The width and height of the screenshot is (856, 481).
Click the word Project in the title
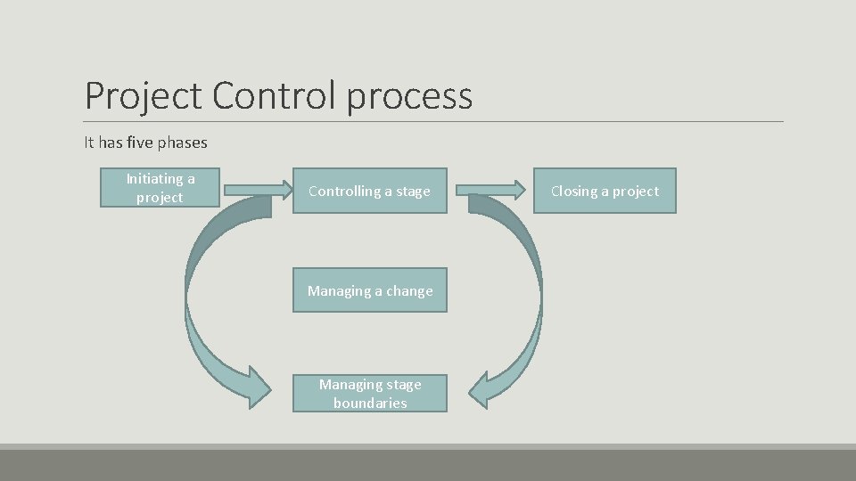(144, 95)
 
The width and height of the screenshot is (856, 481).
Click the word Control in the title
(275, 95)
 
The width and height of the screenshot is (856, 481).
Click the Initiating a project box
(160, 189)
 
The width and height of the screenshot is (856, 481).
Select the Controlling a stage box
(369, 191)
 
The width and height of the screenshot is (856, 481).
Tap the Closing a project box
(605, 191)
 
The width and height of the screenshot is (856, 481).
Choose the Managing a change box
(369, 290)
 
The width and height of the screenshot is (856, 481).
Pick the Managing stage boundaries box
(369, 394)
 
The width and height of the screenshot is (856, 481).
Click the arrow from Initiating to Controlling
(258, 189)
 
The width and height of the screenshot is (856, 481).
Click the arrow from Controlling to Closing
(491, 189)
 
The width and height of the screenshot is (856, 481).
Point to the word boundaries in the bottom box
(370, 404)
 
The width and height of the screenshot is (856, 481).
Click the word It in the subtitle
(88, 143)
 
